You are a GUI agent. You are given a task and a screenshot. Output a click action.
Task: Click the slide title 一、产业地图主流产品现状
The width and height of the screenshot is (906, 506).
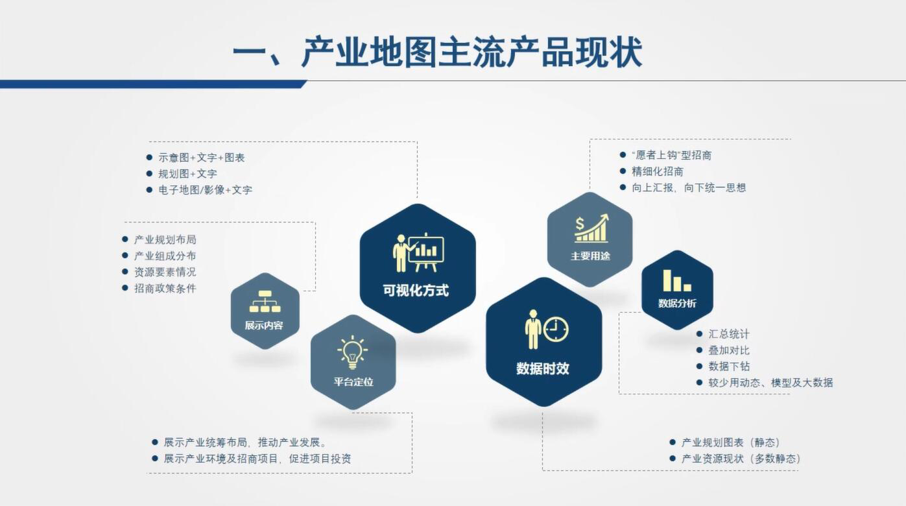(438, 52)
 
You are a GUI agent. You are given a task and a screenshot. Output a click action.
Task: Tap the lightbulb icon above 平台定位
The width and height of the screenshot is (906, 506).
(352, 352)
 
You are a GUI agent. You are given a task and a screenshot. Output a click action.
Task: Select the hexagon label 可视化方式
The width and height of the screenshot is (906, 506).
(416, 291)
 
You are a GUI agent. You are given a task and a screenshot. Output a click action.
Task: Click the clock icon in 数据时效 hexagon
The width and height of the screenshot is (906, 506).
(556, 330)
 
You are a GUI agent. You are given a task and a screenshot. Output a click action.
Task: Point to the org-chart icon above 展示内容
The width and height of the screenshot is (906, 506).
(265, 302)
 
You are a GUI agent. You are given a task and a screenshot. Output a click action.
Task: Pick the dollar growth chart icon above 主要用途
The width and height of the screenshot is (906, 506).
(591, 228)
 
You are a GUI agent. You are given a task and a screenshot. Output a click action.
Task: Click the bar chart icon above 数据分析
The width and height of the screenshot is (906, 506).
(677, 280)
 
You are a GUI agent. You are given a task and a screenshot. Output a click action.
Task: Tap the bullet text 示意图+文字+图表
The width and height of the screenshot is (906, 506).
(202, 158)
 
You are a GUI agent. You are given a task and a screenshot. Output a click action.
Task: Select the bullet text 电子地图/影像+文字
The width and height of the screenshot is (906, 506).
(205, 189)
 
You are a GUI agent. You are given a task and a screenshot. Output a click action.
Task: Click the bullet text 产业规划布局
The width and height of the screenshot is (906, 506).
(165, 239)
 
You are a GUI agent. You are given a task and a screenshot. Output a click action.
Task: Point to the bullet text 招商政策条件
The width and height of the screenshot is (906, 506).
(165, 288)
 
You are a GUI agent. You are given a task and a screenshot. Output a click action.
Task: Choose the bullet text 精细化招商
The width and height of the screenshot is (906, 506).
(657, 171)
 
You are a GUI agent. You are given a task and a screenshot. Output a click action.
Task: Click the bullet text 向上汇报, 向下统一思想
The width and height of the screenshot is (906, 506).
(689, 187)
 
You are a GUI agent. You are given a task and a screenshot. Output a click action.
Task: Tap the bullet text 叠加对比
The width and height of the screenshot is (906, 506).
(729, 350)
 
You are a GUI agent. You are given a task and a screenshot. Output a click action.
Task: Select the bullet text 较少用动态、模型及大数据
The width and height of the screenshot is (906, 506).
(770, 382)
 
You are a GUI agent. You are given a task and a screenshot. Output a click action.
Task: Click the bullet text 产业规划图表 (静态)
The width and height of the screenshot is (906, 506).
(730, 442)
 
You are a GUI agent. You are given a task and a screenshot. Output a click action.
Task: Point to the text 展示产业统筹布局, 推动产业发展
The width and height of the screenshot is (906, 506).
(245, 442)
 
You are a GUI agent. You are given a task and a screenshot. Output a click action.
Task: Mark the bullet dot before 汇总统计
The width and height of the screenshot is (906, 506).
(699, 333)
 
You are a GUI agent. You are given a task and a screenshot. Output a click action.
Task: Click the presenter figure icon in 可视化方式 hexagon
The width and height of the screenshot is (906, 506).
(401, 253)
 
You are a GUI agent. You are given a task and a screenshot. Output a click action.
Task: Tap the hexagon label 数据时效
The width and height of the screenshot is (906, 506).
(542, 368)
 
